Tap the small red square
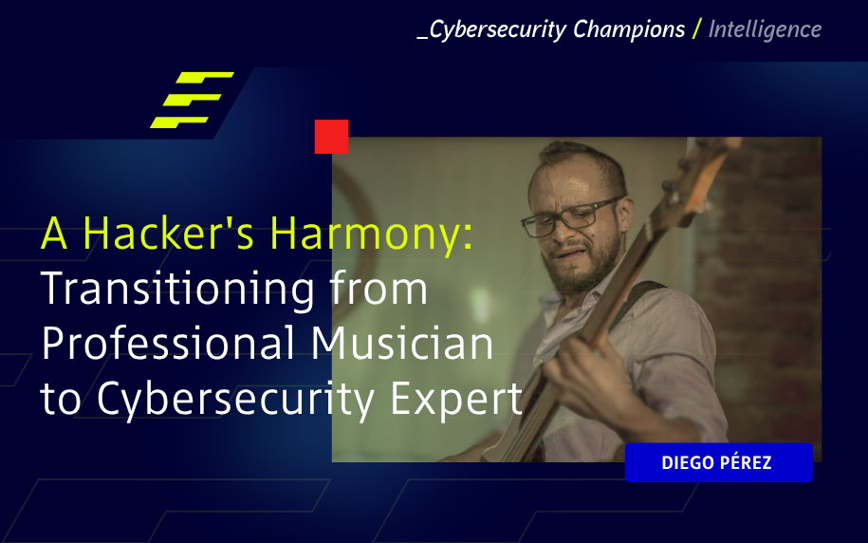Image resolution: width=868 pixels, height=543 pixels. [x=331, y=137]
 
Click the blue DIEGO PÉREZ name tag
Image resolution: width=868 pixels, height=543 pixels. [x=718, y=462]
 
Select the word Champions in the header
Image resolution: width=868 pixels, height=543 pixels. [x=628, y=29]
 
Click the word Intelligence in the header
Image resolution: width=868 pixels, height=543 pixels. [x=765, y=29]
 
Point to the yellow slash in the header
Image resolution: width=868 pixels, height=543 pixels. [x=697, y=29]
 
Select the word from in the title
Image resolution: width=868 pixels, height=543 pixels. [x=377, y=290]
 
